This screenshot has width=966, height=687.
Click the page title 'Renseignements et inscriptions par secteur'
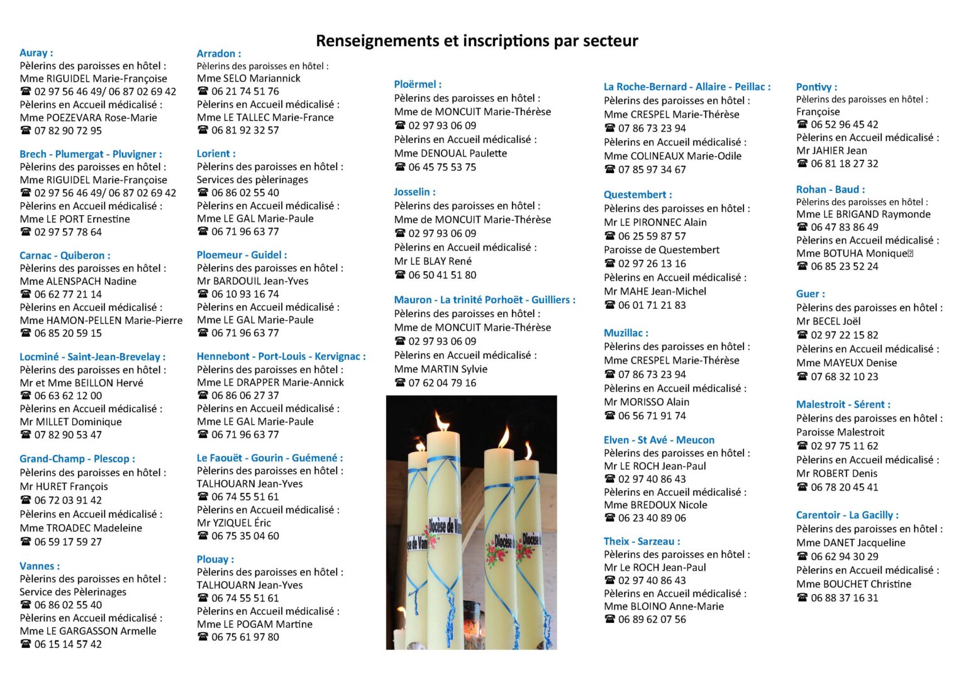[x=477, y=41]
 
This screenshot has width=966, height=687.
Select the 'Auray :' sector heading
[x=36, y=53]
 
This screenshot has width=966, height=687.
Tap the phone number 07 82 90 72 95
[x=68, y=130]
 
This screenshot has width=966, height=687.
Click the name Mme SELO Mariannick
[x=248, y=79]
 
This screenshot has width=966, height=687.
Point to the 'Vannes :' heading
[x=40, y=566]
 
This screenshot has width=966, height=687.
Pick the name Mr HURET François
[x=64, y=486]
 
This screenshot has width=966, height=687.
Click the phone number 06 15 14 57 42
[x=68, y=644]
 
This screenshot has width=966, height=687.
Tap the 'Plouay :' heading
[x=215, y=559]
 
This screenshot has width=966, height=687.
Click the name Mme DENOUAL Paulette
[x=450, y=153]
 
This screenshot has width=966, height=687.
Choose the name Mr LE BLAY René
[x=433, y=261]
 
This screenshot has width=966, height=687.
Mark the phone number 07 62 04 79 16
[x=442, y=383]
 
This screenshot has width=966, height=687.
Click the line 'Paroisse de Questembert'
[x=662, y=250]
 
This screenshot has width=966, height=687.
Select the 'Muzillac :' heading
[x=626, y=333]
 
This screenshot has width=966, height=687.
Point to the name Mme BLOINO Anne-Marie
[x=663, y=606]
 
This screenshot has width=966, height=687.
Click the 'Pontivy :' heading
[x=816, y=87]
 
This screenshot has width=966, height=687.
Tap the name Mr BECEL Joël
[x=828, y=321]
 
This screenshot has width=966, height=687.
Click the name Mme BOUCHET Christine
[x=853, y=584]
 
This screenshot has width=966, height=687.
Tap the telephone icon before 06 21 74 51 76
[x=203, y=91]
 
